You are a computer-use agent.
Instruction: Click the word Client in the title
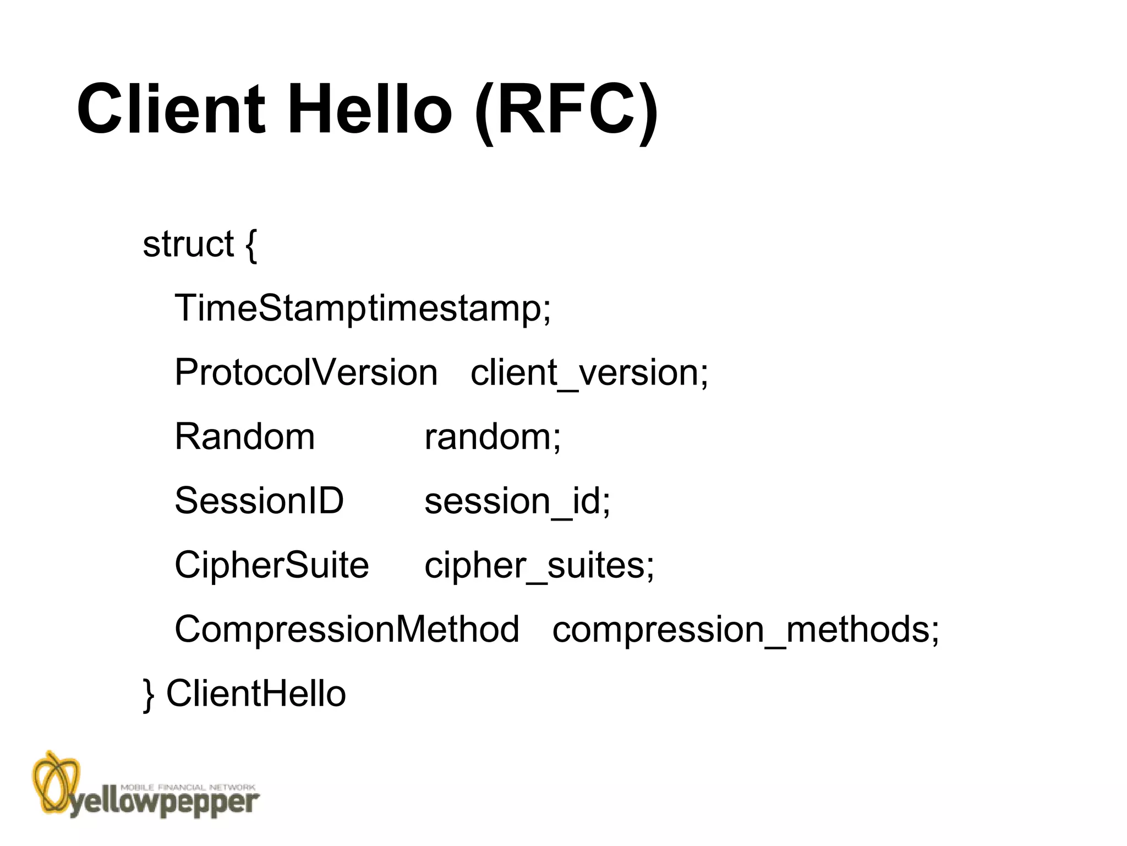coord(171,109)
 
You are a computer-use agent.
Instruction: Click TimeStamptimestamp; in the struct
coord(363,308)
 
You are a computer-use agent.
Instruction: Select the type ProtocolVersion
coord(306,372)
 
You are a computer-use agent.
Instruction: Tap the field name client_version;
coord(589,373)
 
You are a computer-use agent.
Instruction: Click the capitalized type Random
coord(245,437)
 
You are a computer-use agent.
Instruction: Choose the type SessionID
coord(259,501)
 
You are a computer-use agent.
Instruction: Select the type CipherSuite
coord(272,565)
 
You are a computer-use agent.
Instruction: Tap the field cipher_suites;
coord(539,566)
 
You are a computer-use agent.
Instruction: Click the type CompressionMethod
coord(347,630)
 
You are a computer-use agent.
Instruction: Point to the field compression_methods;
coord(746,630)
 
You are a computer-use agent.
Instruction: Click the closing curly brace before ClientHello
coord(149,694)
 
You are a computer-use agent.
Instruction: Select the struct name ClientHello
coord(256,693)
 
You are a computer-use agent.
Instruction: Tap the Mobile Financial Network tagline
coord(188,788)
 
